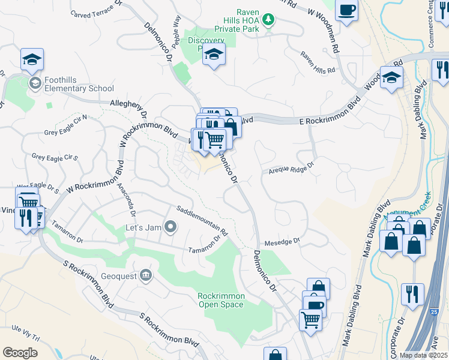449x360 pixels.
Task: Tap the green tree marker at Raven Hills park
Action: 270,21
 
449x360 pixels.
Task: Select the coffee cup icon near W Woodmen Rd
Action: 346,10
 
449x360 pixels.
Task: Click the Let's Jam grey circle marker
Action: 171,227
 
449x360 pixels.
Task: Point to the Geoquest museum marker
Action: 145,275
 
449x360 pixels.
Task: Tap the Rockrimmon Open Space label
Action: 221,300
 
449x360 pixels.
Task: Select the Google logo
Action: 20,352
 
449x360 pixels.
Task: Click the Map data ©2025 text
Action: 424,355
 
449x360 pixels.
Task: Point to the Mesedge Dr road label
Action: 282,241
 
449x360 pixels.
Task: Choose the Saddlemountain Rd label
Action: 202,221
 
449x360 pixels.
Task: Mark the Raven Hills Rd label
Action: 318,71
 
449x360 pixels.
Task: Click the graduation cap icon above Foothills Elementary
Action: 32,59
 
